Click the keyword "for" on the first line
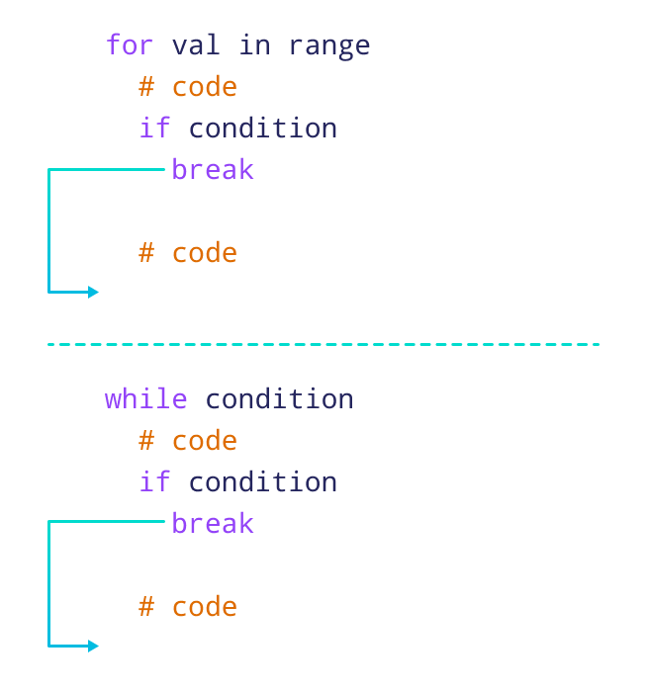coord(130,45)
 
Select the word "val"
coord(196,45)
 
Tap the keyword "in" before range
coord(254,45)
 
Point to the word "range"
coord(329,45)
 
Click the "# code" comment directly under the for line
coord(188,87)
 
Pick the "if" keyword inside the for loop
coord(154,129)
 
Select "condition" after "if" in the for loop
coord(262,129)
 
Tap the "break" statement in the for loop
coord(213,170)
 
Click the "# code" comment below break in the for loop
coord(188,253)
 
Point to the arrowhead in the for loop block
coord(93,292)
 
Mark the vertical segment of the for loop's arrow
coord(48,230)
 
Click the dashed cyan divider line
coord(323,344)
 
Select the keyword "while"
coord(145,399)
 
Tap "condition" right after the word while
coord(279,399)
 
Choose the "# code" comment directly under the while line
coord(188,441)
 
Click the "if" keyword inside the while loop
coord(154,482)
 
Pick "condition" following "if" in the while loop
coord(262,482)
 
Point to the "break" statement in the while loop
coord(213,524)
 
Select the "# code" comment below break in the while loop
coord(188,607)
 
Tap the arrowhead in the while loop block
coord(93,646)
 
